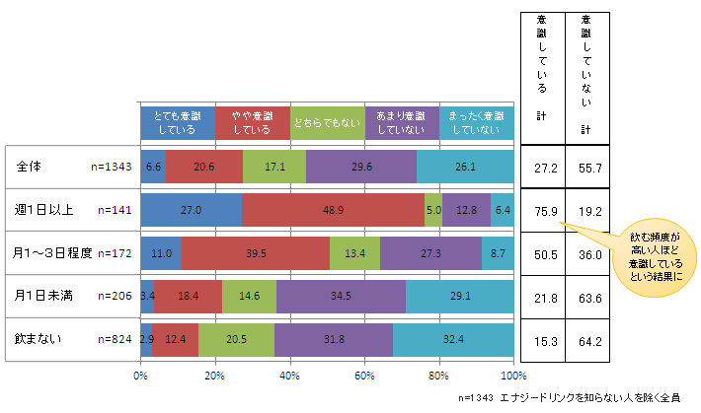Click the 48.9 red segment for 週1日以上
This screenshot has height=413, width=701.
coord(333,210)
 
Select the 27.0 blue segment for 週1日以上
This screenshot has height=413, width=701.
coord(192,210)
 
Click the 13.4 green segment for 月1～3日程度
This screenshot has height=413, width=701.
coord(354,252)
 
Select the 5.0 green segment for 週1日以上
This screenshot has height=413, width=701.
coord(432,210)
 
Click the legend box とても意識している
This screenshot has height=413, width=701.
coord(178,122)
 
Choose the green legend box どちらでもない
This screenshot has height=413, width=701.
coord(328,122)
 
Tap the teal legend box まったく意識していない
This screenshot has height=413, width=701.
coord(477,122)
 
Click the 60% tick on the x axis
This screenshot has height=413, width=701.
coord(364,376)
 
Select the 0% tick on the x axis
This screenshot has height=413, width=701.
coord(140,376)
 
